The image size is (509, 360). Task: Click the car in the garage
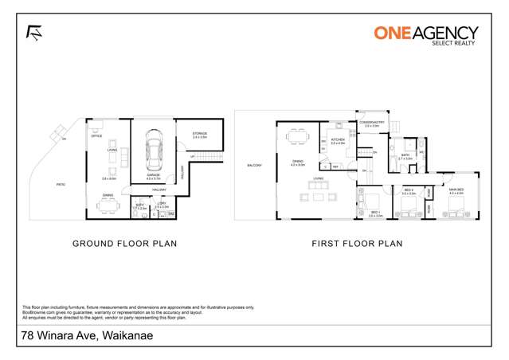point(151,151)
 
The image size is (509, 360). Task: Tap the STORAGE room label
point(199,135)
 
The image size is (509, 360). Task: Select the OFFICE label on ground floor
point(96,136)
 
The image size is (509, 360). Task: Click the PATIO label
point(61,184)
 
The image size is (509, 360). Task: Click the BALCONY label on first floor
point(254,165)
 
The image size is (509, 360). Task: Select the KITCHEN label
point(338,139)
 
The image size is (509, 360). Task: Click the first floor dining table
point(300,137)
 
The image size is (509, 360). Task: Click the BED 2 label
point(409,190)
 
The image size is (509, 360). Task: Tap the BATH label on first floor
point(405,155)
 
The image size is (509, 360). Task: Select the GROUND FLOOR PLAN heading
point(124,244)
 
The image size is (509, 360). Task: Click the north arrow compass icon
point(34,33)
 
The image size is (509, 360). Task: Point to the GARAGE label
point(152,174)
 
